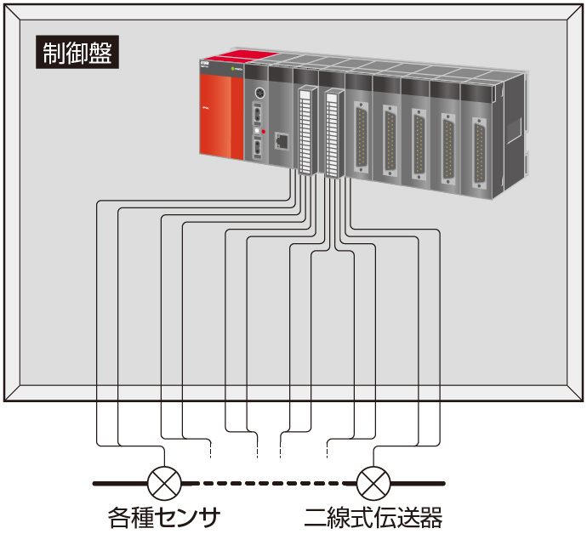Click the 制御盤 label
point(77,53)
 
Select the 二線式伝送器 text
point(373,515)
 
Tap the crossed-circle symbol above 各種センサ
point(162,483)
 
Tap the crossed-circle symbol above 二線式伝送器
point(372,483)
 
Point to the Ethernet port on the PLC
point(281,141)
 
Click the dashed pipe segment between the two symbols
point(266,483)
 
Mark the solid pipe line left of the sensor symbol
point(119,483)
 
